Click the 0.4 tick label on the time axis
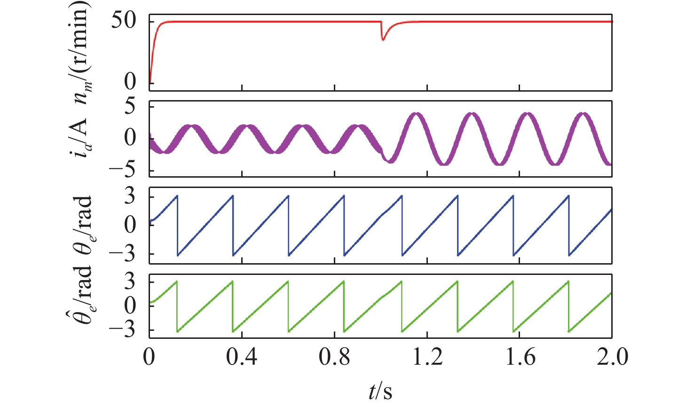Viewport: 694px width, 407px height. click(242, 358)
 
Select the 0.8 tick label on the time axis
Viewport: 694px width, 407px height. click(334, 358)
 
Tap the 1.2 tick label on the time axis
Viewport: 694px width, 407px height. click(427, 358)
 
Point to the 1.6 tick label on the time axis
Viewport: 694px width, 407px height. click(520, 358)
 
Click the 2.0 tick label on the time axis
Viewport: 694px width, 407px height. click(612, 358)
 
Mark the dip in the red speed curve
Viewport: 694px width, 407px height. click(383, 39)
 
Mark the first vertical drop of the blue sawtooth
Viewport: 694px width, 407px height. click(177, 226)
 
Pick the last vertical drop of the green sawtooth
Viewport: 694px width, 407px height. click(569, 306)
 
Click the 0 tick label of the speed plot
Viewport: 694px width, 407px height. click(130, 82)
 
